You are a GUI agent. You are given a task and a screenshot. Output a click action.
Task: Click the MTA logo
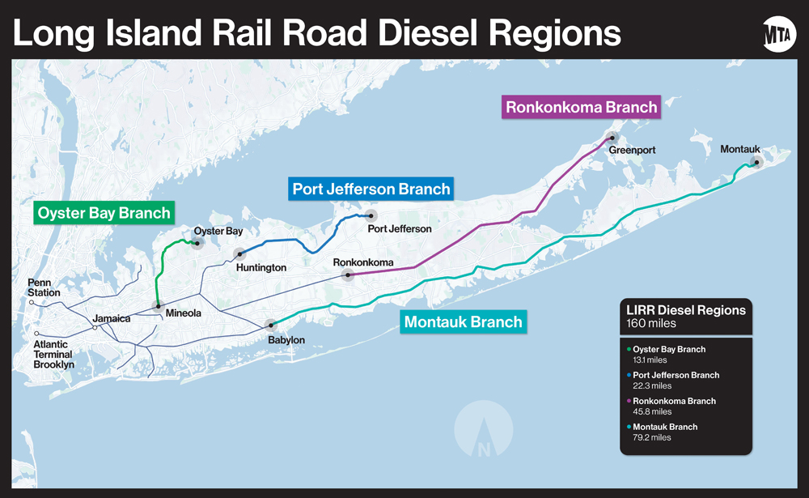point(779,34)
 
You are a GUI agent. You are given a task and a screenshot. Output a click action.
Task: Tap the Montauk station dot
point(757,163)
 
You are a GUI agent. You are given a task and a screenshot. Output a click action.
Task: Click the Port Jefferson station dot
point(371,215)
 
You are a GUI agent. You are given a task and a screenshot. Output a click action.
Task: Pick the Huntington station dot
point(239,254)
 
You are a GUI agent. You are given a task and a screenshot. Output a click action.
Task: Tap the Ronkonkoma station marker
point(348,275)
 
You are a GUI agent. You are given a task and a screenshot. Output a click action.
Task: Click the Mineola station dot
point(158,306)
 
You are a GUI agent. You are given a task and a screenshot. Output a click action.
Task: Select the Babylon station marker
point(270,325)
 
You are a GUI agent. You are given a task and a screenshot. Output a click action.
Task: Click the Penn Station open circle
point(32,303)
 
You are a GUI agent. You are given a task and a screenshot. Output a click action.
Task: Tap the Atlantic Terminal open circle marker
point(37,334)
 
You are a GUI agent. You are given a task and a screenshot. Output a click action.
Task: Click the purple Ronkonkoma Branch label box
point(582,106)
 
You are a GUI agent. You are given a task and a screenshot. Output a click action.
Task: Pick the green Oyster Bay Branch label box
point(104,214)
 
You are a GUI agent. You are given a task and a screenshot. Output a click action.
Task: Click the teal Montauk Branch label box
point(463,321)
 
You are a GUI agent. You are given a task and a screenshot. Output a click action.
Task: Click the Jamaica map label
point(111,318)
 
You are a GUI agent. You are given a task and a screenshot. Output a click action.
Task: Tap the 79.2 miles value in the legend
point(652,437)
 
